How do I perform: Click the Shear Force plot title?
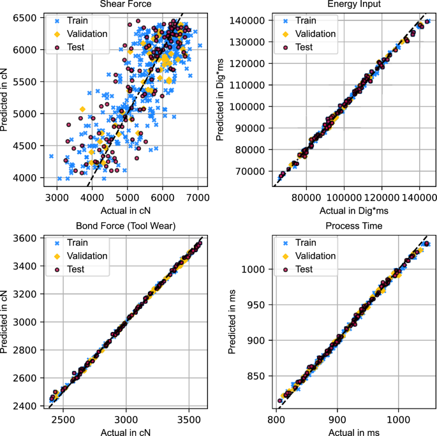[x=126, y=4]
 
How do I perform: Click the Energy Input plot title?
[x=352, y=4]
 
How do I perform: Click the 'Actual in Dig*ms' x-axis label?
[x=352, y=210]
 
